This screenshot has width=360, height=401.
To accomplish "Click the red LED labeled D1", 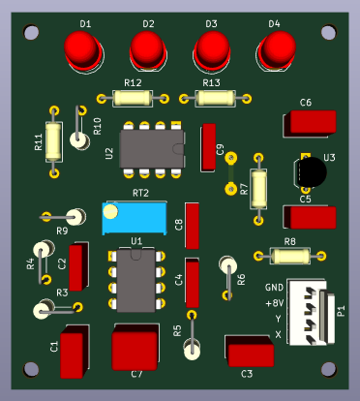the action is (82, 50).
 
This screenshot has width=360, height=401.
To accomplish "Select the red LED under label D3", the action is (212, 50).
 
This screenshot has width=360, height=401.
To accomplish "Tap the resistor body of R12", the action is (133, 98).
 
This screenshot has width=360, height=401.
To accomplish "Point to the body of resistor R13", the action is (215, 98).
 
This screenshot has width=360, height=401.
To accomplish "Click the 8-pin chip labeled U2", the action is (152, 149).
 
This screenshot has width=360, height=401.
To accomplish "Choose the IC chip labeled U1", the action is (135, 280).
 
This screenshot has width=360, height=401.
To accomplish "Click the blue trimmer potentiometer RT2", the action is (135, 218).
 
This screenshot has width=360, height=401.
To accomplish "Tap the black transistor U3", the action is (311, 171).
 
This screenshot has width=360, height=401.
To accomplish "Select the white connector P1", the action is (311, 313).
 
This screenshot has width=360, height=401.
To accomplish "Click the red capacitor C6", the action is (310, 123).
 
